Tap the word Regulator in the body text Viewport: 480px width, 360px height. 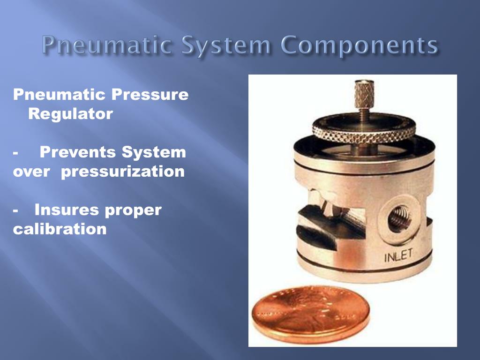point(70,114)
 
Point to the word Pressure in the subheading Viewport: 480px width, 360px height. point(150,95)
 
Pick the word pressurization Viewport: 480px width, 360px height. point(123,172)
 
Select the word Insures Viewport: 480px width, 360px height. point(67,210)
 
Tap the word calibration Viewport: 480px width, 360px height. point(60,229)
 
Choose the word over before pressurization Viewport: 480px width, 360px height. point(31,172)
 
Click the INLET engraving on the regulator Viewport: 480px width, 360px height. point(398,256)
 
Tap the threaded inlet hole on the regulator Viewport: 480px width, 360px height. point(399,218)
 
